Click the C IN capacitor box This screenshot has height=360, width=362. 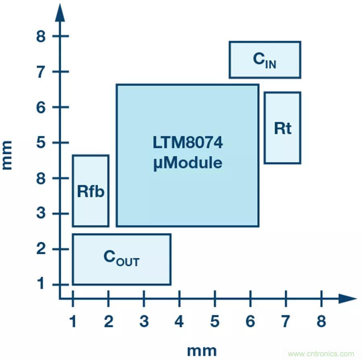tap(265, 60)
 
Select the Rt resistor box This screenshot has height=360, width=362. tap(282, 128)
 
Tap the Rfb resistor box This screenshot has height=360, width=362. tap(90, 191)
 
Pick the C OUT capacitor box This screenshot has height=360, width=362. tap(121, 259)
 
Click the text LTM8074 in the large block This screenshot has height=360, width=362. tap(187, 144)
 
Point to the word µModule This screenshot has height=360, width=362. tap(187, 163)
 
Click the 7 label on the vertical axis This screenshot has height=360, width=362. tap(42, 72)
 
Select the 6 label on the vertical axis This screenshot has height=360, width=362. tap(42, 107)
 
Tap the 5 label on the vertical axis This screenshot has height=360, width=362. tap(42, 143)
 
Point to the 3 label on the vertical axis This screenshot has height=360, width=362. tap(42, 214)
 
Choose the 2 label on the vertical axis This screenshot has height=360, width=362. tap(42, 249)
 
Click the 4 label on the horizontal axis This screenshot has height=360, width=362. tap(179, 321)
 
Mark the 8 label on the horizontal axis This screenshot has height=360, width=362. tap(321, 321)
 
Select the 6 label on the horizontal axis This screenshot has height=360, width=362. tap(250, 321)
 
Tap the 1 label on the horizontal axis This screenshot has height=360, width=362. tap(73, 321)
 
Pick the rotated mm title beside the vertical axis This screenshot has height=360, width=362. tap(8, 155)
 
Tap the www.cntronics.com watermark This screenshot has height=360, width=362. tap(321, 354)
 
